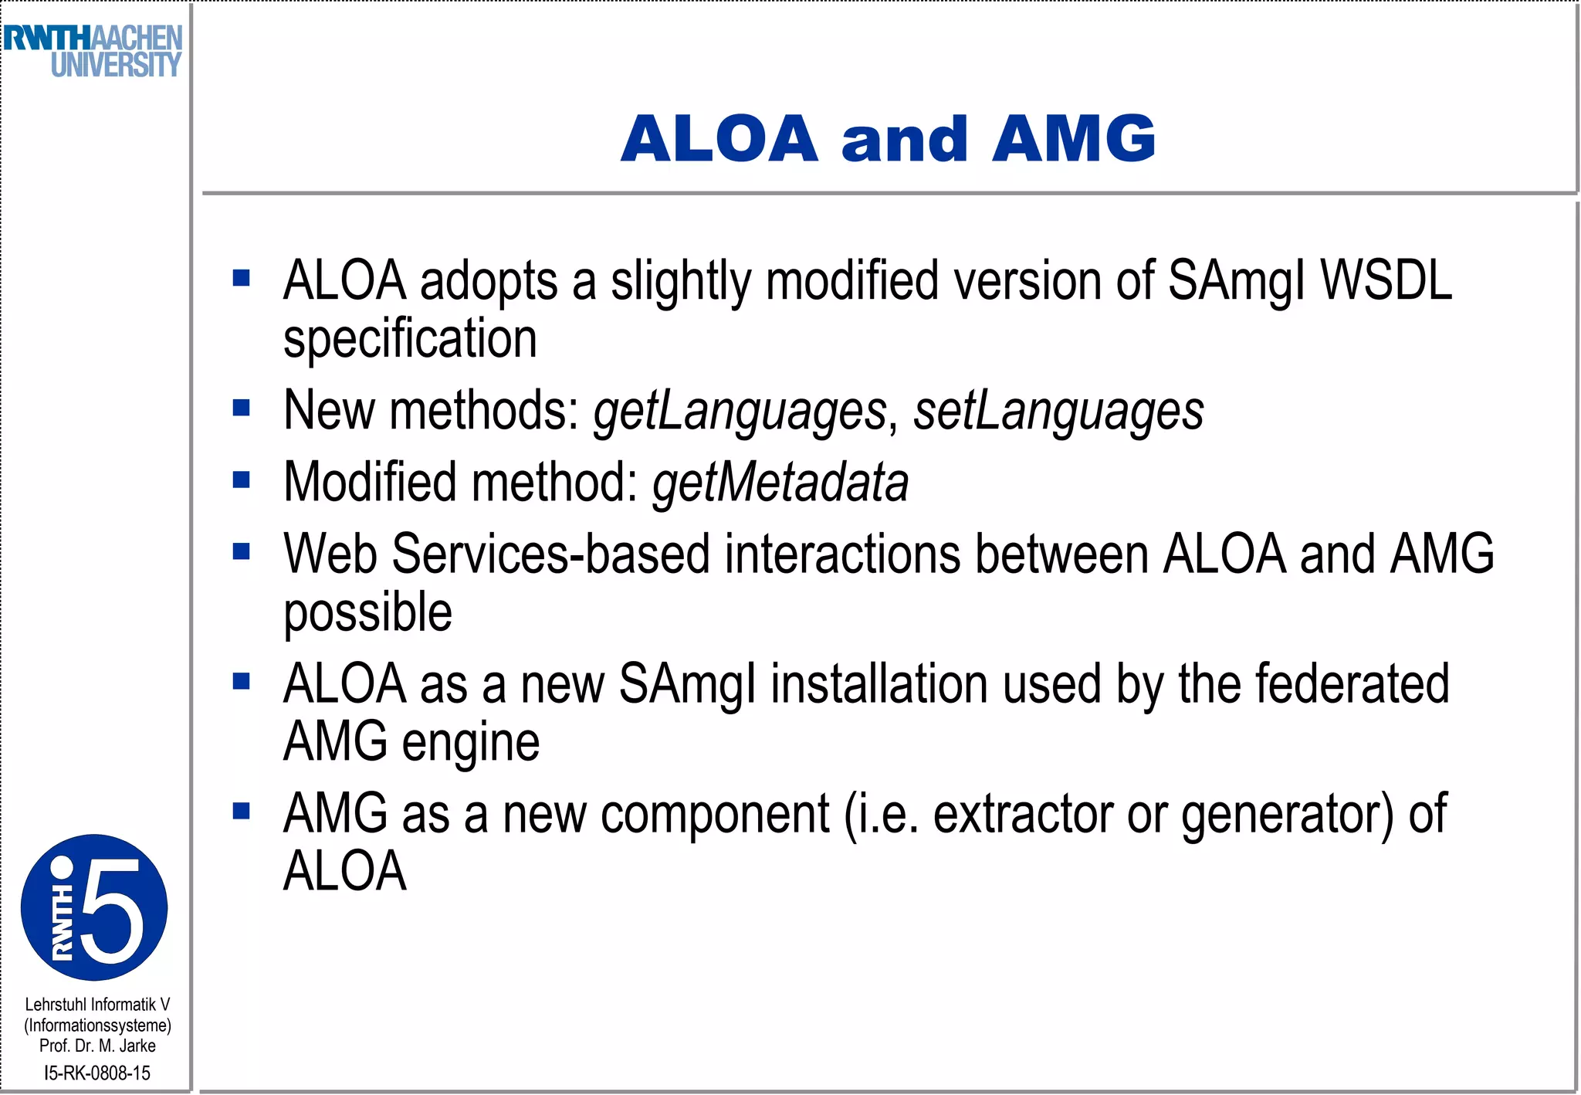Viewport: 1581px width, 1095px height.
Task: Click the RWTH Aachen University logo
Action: [93, 51]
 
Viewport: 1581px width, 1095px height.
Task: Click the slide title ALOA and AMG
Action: [888, 139]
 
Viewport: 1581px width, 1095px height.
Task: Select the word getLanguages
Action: [740, 411]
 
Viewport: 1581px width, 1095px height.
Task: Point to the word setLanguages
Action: [1058, 411]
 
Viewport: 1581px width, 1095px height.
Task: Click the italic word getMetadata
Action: [780, 483]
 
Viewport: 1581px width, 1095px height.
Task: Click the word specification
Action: [410, 339]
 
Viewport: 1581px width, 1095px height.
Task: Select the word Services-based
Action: [550, 554]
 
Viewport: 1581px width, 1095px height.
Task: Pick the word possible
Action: [367, 612]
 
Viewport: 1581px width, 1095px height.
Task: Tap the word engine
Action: [470, 742]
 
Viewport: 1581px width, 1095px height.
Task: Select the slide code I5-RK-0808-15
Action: [97, 1073]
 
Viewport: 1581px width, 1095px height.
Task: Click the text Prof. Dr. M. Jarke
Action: [97, 1046]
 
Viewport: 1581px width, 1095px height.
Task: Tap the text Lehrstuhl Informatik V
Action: [97, 1005]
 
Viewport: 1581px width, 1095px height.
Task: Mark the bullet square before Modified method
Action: [242, 480]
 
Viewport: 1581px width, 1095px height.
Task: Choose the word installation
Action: [879, 684]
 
